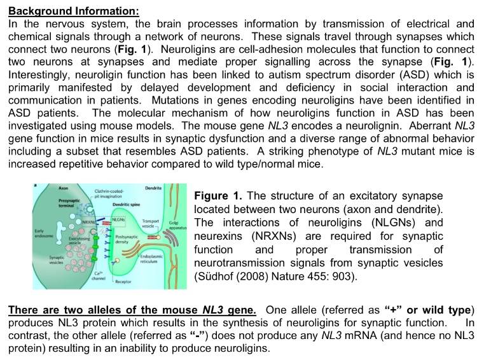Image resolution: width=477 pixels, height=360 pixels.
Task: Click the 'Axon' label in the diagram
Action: tap(63, 189)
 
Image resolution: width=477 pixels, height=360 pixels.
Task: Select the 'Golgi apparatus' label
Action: tap(174, 225)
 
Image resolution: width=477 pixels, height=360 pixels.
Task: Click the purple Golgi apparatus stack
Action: tap(170, 245)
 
